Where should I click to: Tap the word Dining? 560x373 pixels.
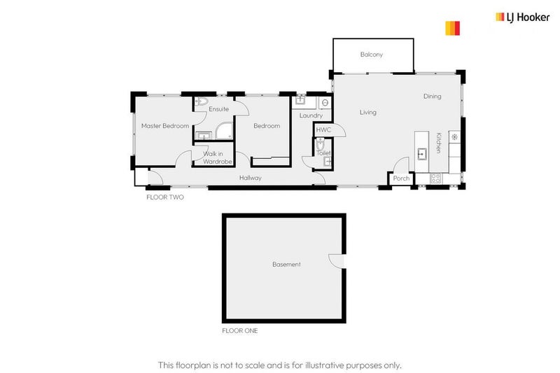432,97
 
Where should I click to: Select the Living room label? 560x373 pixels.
367,112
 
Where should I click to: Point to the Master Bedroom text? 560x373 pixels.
164,126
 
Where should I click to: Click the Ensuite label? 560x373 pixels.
218,109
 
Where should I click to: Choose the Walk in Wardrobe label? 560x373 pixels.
217,157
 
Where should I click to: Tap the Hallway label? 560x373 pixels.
250,178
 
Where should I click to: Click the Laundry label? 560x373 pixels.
310,115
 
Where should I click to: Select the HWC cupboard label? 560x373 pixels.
323,130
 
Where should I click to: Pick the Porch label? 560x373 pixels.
401,178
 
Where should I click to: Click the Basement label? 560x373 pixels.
286,265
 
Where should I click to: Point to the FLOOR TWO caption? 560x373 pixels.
164,198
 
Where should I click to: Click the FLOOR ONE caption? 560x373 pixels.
239,331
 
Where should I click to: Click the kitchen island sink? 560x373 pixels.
422,154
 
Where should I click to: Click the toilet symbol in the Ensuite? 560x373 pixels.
201,102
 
